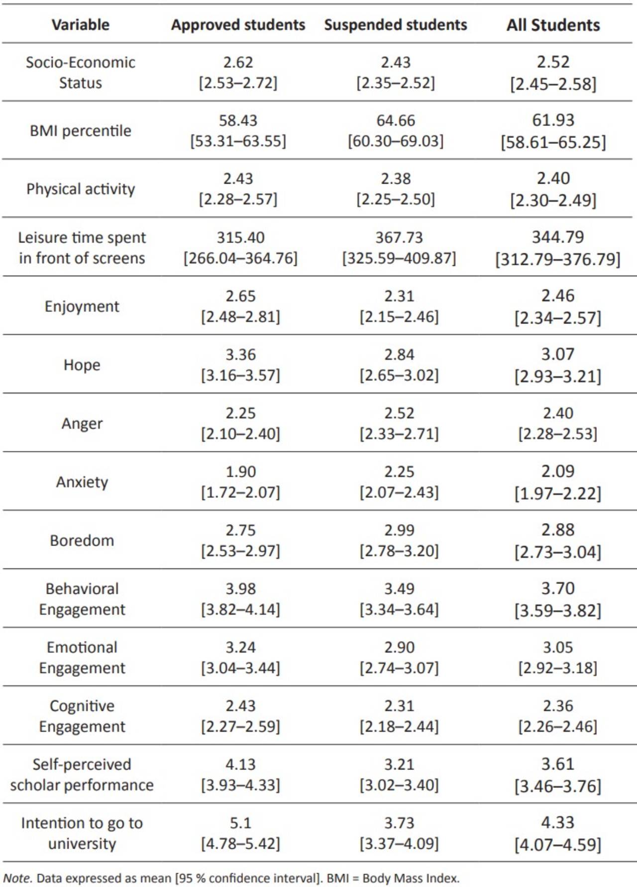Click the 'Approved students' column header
click(x=238, y=25)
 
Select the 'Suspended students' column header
click(x=396, y=25)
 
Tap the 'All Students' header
click(x=553, y=25)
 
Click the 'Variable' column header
click(x=81, y=25)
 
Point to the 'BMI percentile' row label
click(x=81, y=131)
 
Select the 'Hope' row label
click(x=82, y=365)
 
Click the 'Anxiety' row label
click(x=82, y=482)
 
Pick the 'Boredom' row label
click(x=82, y=541)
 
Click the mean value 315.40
click(x=240, y=237)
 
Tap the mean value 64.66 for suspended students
click(x=396, y=120)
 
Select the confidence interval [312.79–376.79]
click(x=557, y=259)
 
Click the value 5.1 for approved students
click(x=240, y=823)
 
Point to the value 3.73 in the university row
click(x=399, y=823)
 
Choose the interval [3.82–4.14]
click(x=240, y=610)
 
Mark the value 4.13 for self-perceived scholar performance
click(x=240, y=764)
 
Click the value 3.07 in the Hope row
click(x=557, y=354)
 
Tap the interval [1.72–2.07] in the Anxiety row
click(x=240, y=493)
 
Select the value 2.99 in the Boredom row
click(x=399, y=530)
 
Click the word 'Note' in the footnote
click(x=17, y=878)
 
